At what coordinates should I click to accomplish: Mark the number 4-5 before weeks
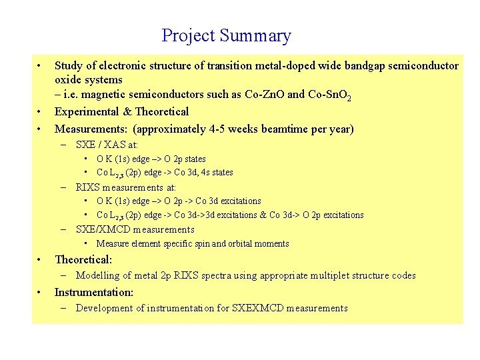point(229,129)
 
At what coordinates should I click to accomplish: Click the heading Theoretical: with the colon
point(83,259)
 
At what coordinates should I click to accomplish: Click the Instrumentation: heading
point(94,292)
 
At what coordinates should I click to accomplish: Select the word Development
point(104,308)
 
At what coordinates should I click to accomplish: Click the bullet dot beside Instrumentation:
point(40,292)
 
